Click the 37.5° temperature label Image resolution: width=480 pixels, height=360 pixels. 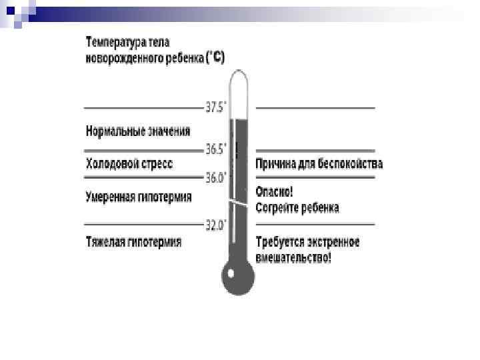coord(215,107)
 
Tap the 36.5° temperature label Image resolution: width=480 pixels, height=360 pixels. coord(215,149)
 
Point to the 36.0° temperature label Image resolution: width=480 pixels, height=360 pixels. coord(215,178)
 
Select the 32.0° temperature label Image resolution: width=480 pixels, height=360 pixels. coord(215,225)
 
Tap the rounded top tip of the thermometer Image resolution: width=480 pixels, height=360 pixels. coord(238,76)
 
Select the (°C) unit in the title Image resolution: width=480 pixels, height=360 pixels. coord(215,58)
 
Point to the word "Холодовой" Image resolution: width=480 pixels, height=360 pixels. coord(111,163)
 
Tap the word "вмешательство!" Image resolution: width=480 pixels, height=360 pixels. coord(293,257)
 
